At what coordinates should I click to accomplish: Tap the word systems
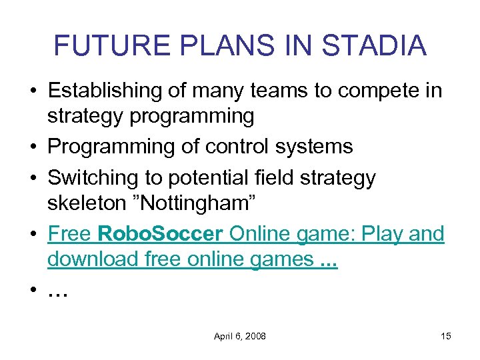(x=315, y=147)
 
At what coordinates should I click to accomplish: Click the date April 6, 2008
(x=240, y=336)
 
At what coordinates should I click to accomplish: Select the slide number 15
(x=445, y=336)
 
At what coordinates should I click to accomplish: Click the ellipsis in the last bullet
(x=59, y=291)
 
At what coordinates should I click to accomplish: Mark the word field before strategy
(x=279, y=178)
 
